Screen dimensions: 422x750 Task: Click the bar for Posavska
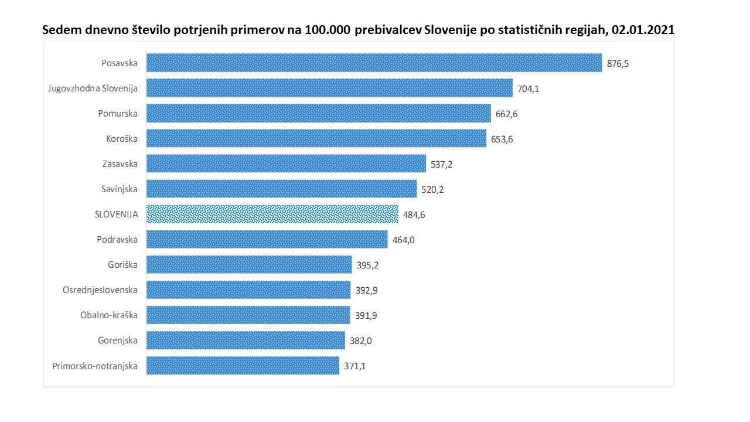point(374,63)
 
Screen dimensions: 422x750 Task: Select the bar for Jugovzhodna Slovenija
point(329,89)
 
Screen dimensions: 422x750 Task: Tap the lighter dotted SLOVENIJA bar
point(272,215)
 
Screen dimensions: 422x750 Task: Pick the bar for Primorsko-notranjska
point(243,366)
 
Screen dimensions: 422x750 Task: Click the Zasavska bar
point(286,164)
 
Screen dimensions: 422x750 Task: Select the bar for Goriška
point(249,265)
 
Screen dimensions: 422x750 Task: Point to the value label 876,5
point(618,64)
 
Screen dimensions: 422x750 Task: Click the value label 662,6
point(507,114)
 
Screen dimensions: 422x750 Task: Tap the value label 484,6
point(414,215)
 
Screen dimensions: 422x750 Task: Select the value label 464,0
point(404,240)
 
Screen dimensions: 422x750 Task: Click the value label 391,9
point(366,315)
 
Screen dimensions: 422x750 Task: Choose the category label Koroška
point(121,139)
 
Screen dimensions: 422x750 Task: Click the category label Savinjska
point(119,189)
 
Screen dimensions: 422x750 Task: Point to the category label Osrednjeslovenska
point(100,290)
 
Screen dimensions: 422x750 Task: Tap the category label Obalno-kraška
point(109,315)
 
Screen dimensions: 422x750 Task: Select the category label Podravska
point(117,240)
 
